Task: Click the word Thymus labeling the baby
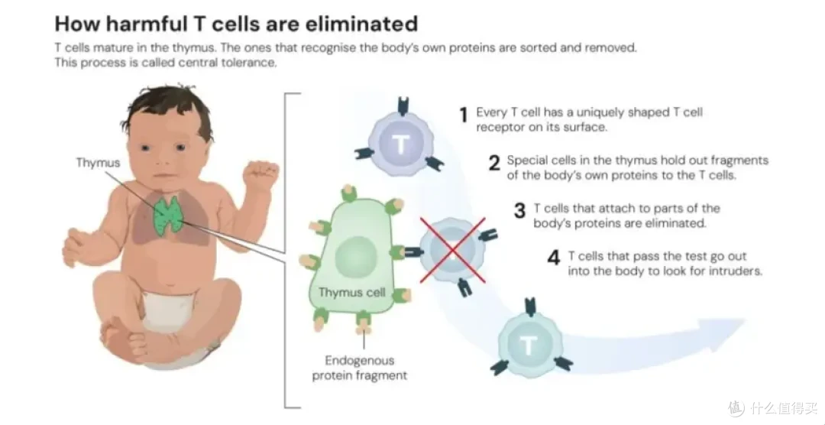coord(98,163)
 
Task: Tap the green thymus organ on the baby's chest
coord(168,214)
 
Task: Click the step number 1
coord(464,115)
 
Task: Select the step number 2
coord(494,164)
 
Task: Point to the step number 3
coord(520,211)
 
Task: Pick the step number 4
coord(554,258)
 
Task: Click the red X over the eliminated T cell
coord(452,251)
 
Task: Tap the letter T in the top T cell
coord(401,144)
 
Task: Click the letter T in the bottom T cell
coord(529,345)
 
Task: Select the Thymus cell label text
coord(352,292)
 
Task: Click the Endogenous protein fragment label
coord(359,368)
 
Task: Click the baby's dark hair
coord(163,107)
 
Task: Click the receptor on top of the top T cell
coord(403,107)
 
